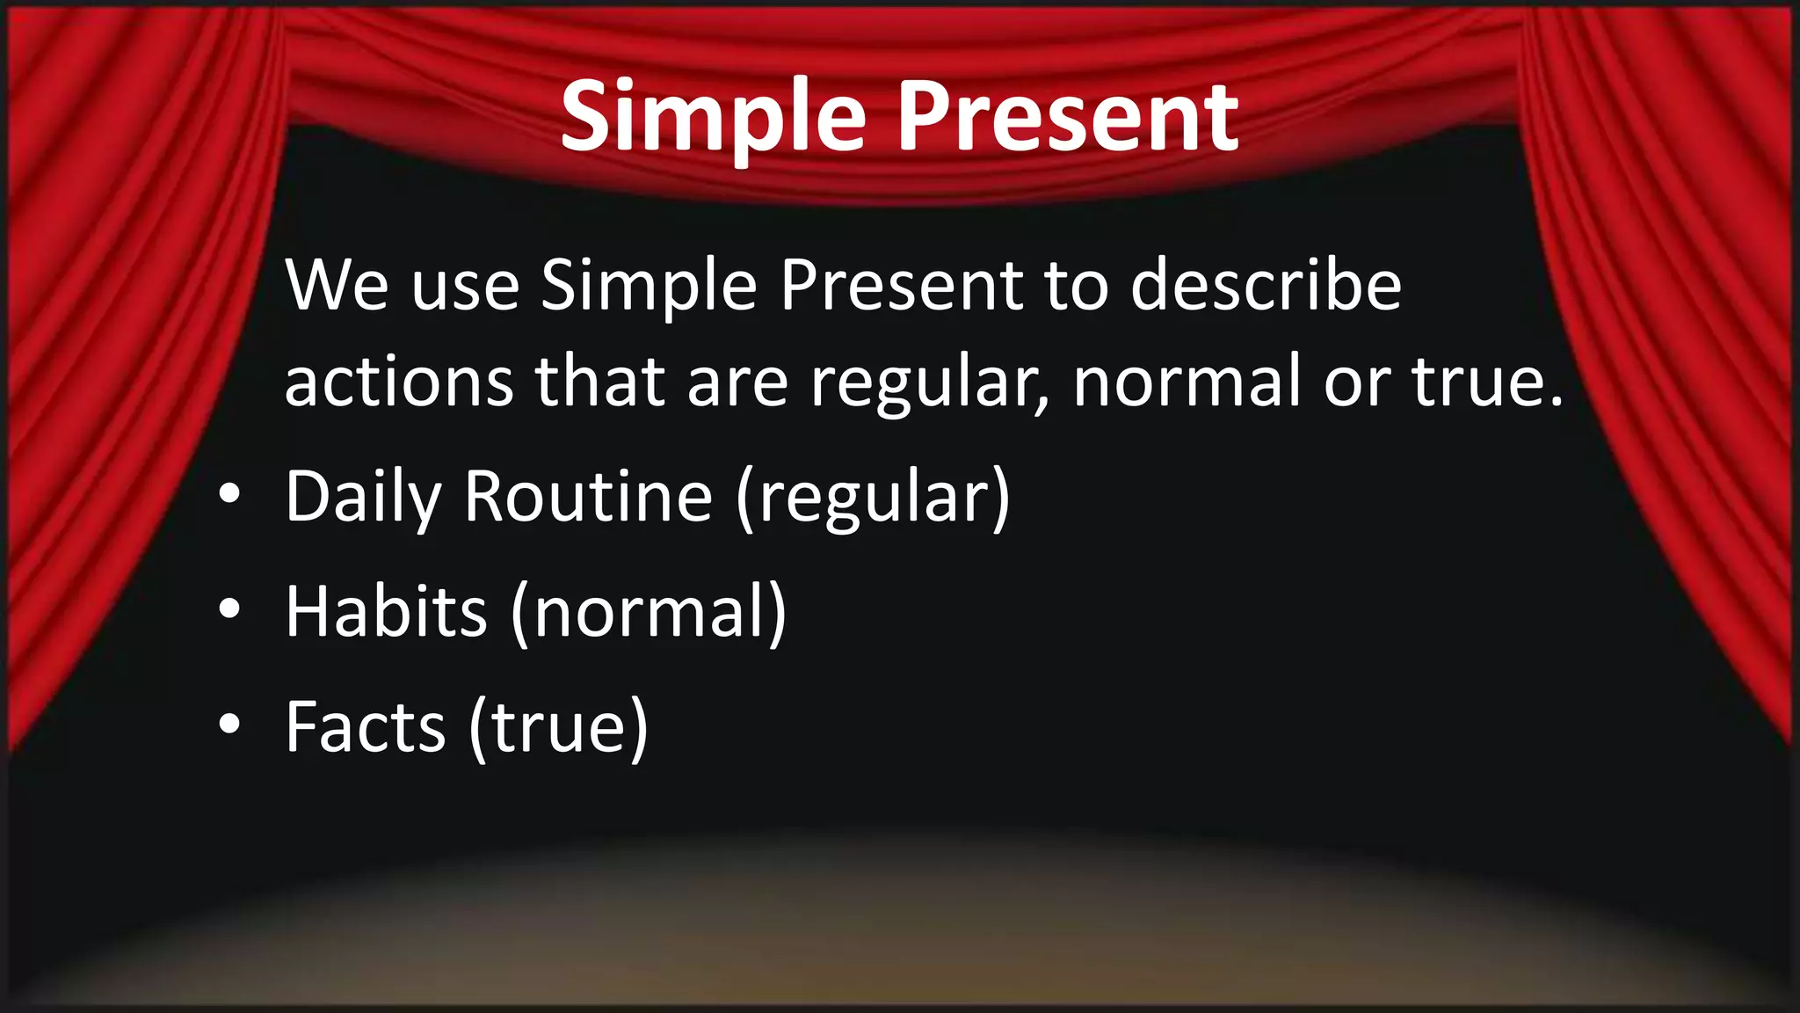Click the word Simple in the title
click(713, 117)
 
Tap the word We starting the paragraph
click(337, 285)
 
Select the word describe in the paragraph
click(1266, 285)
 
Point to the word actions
click(399, 382)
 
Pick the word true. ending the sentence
click(1488, 382)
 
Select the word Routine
click(588, 498)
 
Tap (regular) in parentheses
click(874, 498)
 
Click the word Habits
click(386, 612)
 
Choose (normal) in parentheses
click(649, 612)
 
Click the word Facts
click(366, 728)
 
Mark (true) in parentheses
click(558, 728)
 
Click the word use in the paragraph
click(465, 287)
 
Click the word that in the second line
click(599, 382)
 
